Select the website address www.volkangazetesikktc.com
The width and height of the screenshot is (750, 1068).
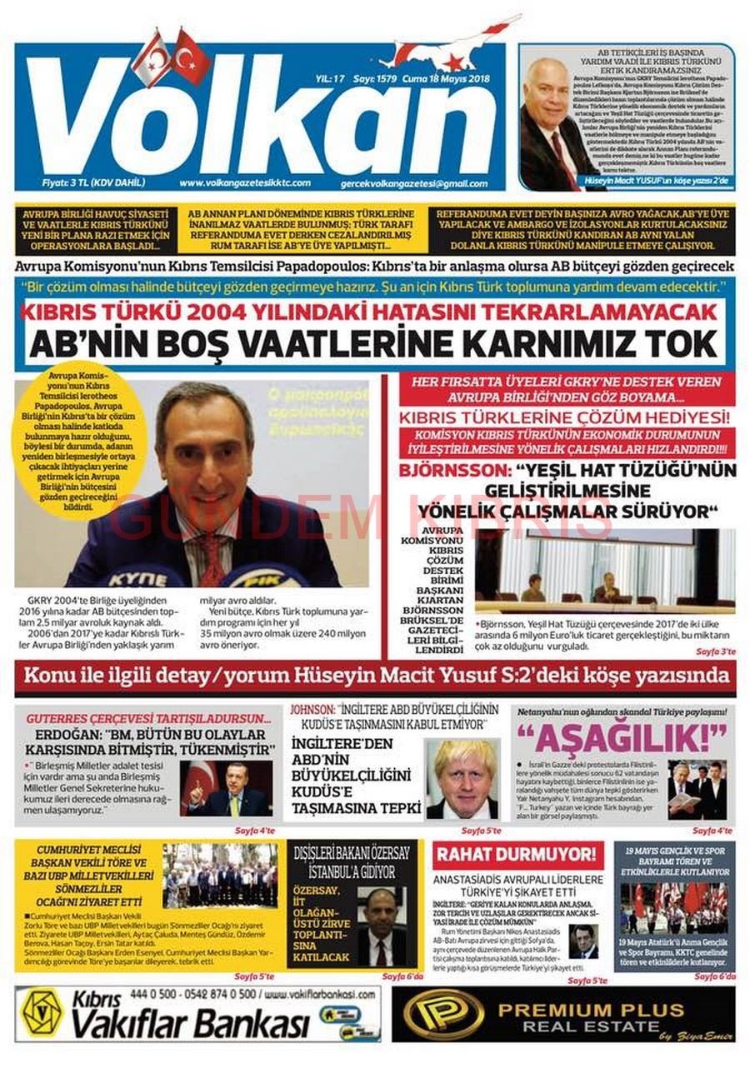click(245, 183)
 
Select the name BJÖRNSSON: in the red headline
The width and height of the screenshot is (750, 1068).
click(445, 472)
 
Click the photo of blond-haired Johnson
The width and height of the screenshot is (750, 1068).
click(462, 779)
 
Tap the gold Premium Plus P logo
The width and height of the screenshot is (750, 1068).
click(443, 1013)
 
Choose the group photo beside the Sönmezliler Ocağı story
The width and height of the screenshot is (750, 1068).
click(220, 875)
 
